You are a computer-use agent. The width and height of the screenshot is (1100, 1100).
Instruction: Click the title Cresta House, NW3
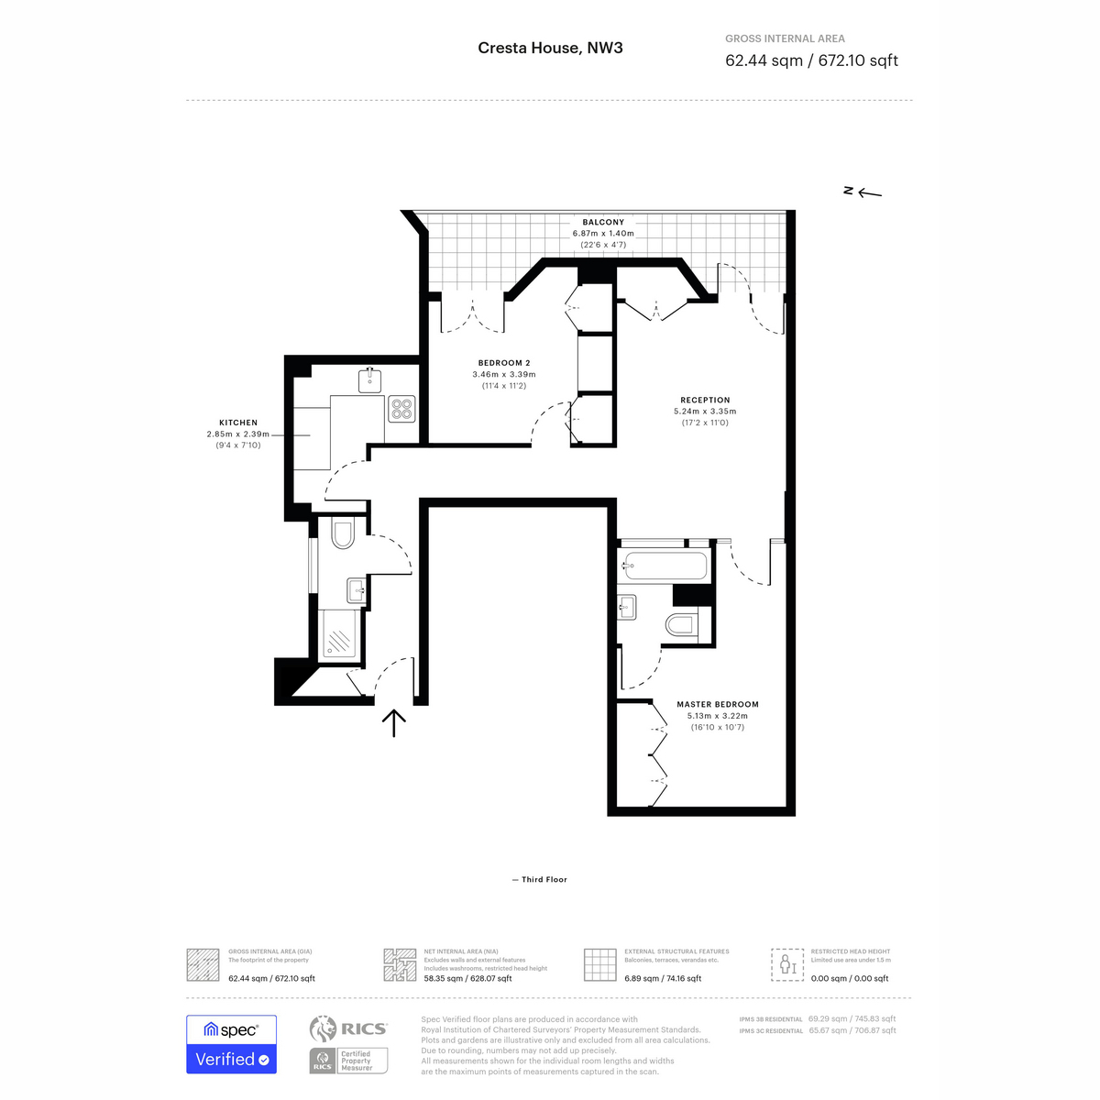click(550, 48)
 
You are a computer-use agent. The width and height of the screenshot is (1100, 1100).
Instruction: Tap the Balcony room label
click(603, 222)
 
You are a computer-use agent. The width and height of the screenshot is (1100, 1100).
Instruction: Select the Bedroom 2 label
click(504, 362)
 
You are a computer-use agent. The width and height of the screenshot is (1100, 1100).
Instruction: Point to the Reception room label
click(705, 400)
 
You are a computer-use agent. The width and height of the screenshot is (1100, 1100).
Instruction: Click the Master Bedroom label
click(718, 704)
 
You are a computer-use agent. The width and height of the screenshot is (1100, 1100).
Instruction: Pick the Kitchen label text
click(238, 423)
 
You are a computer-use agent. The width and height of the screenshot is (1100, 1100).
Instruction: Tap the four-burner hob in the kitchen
click(401, 409)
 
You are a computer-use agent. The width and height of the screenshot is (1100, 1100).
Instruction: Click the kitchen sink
click(370, 380)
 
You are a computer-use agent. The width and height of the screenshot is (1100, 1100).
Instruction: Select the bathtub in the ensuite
click(664, 566)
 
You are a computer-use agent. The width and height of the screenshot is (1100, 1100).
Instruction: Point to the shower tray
click(339, 634)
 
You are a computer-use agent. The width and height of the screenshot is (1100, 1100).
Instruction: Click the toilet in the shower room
click(343, 532)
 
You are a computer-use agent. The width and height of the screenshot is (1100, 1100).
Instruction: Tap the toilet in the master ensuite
click(681, 624)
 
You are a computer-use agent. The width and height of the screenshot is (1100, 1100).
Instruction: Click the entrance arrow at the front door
click(394, 722)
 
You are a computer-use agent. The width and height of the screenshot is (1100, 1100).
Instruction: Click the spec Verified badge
click(231, 1044)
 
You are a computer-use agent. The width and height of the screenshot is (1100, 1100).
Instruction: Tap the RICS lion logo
click(322, 1028)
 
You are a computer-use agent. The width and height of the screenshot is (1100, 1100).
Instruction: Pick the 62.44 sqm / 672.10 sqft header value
click(811, 60)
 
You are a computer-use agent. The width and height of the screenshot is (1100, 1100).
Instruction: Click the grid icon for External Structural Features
click(599, 965)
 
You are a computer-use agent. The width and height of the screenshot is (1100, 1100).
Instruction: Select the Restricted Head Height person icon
click(787, 964)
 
